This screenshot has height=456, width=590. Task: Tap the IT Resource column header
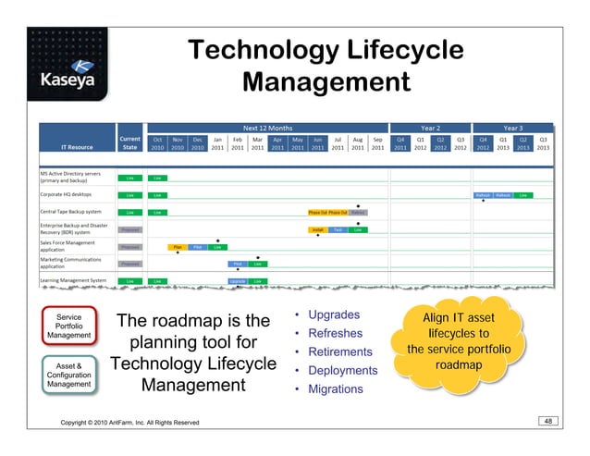pos(77,146)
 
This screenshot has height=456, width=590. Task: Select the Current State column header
pos(129,142)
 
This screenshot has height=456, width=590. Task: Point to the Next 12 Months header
pos(267,129)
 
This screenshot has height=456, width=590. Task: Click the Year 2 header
pos(430,129)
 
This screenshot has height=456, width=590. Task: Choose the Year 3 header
pos(512,129)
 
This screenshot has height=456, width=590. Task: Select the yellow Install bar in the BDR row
pos(317,229)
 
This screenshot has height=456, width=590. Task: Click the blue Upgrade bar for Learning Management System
pos(238,280)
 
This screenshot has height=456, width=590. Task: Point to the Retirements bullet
pos(339,352)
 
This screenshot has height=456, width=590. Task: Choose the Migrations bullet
pos(338,389)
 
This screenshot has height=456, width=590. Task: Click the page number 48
pos(548,421)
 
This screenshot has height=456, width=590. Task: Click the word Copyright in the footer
pos(80,423)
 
